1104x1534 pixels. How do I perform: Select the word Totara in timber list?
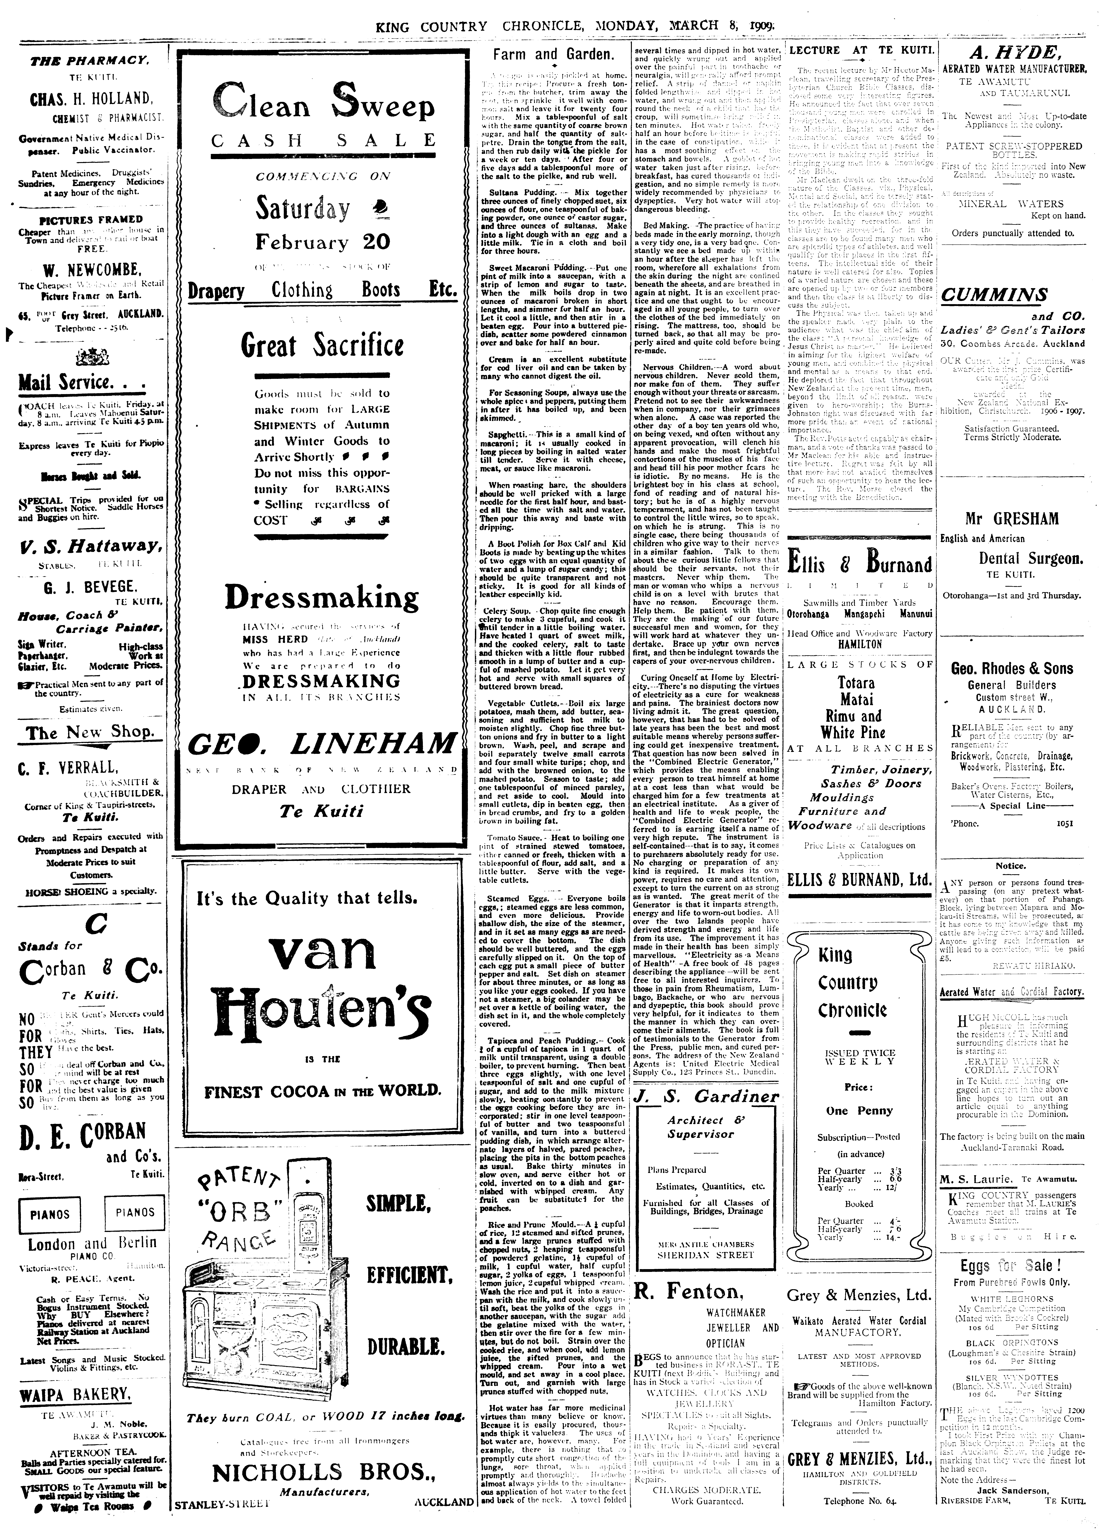(856, 682)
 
